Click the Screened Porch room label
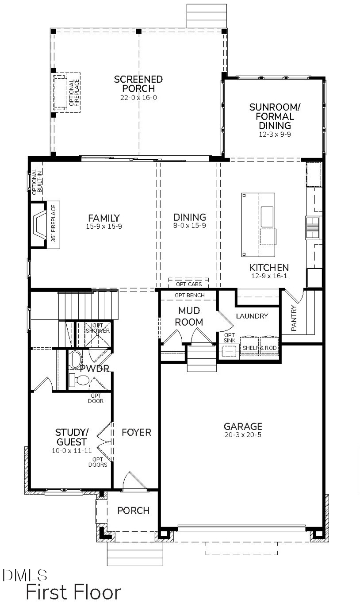[138, 84]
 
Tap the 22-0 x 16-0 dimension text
[138, 97]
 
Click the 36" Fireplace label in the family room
[54, 225]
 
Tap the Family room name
[104, 218]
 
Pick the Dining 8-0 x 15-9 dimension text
[190, 226]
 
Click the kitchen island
[258, 224]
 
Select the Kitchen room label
[269, 268]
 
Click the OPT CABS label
[188, 284]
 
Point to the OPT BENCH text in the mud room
[188, 295]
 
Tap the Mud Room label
[189, 316]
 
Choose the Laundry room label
[252, 316]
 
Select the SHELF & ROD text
[260, 348]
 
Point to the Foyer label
[137, 432]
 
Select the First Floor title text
[73, 592]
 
